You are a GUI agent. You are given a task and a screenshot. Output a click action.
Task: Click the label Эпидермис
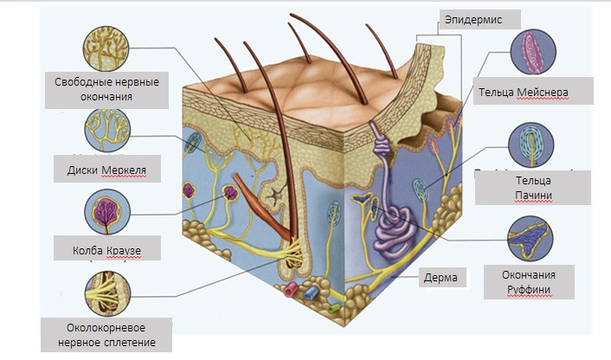[473, 20]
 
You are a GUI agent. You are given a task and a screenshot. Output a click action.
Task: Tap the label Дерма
[441, 278]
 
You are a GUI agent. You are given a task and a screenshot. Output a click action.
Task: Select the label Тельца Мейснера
[524, 93]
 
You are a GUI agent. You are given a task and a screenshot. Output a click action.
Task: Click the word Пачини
[533, 196]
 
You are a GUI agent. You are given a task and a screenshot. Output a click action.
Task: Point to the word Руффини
[529, 290]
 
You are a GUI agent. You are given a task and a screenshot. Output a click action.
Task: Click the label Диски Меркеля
[106, 170]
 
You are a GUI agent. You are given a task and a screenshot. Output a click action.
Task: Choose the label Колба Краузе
[106, 250]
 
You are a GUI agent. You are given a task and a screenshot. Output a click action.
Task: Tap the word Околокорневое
[106, 328]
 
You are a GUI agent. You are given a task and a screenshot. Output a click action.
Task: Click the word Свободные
[79, 82]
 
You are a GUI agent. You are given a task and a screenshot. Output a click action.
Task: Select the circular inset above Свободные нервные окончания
[106, 48]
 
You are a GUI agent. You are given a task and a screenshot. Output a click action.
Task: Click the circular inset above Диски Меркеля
[107, 130]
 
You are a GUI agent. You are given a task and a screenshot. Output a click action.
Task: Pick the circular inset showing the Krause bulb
[107, 212]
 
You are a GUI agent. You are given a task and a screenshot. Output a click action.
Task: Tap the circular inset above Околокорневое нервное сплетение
[107, 293]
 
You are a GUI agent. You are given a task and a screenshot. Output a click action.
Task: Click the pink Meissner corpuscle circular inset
[533, 52]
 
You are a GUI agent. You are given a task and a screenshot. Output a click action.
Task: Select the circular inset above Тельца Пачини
[531, 145]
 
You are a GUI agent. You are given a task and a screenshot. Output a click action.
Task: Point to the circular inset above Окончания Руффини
[530, 239]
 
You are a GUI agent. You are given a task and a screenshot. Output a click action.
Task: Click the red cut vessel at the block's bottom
[291, 290]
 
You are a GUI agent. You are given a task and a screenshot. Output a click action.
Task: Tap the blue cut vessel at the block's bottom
[312, 292]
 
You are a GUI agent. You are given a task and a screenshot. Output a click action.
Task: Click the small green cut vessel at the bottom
[334, 308]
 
